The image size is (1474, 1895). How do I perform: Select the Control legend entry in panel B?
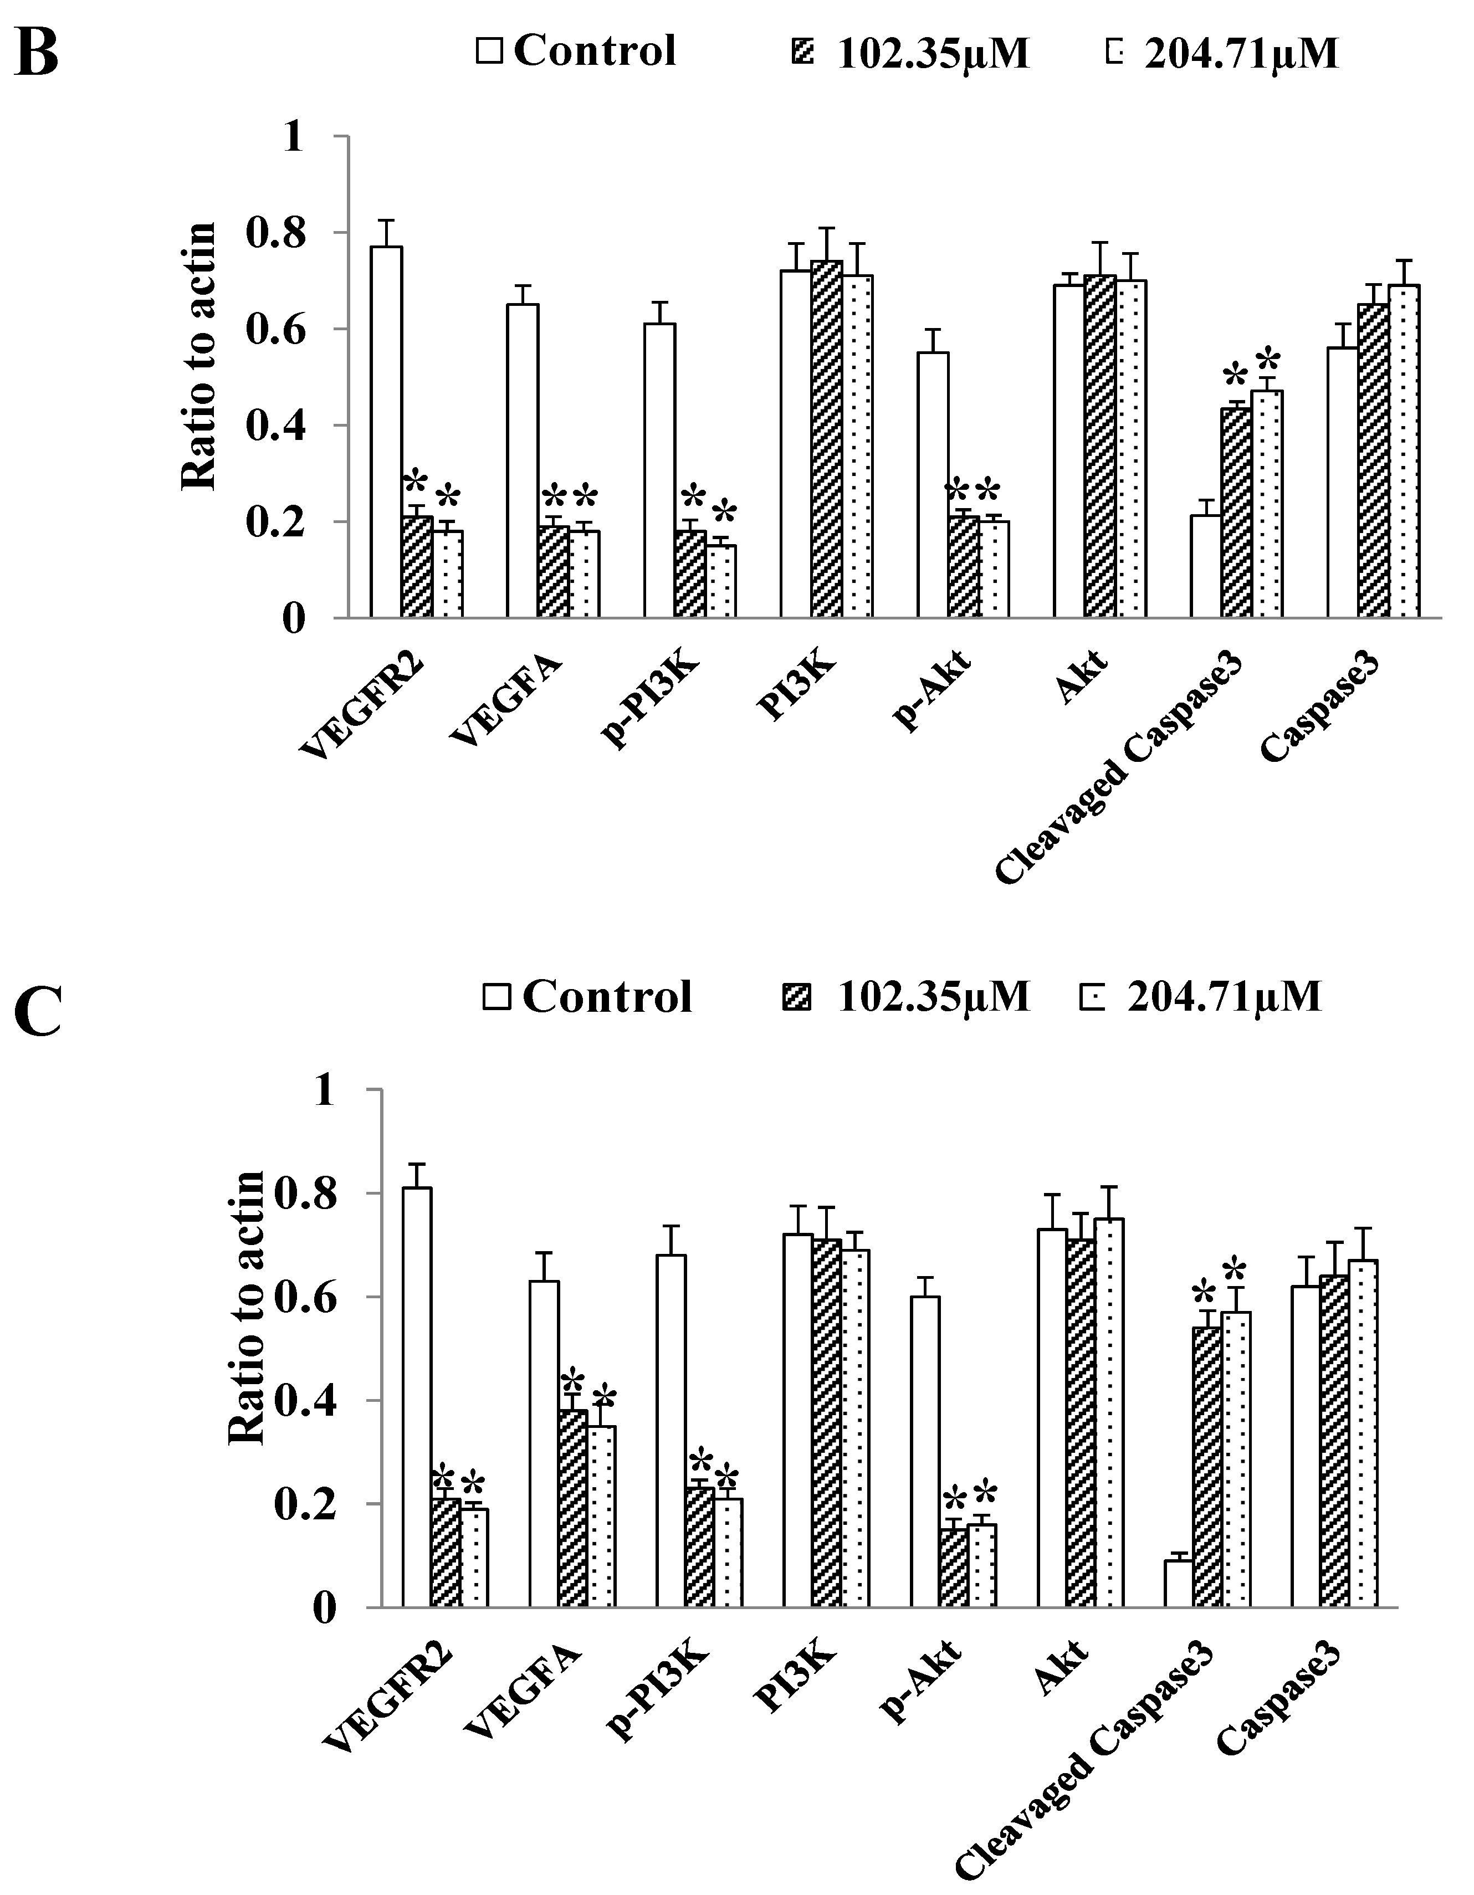coord(576,50)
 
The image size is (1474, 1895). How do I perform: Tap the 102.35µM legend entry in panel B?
coord(916,54)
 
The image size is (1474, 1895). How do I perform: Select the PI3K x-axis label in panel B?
coord(796,690)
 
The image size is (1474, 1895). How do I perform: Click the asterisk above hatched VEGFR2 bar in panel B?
coord(417,483)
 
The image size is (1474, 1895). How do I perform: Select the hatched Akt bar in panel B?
coord(1100,446)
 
